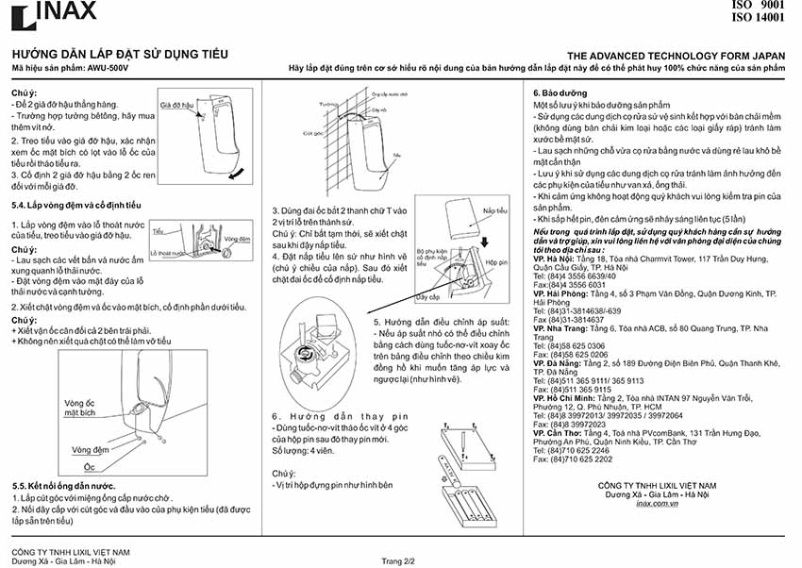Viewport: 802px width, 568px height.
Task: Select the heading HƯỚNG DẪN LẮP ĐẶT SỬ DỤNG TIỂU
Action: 119,56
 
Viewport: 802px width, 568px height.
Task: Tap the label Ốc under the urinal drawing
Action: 90,467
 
